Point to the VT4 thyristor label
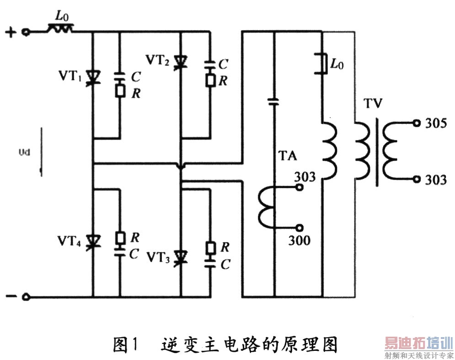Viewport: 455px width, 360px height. point(70,241)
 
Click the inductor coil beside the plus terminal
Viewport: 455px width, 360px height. point(60,30)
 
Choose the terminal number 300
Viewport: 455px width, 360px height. point(299,240)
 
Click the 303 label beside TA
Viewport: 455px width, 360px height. point(305,176)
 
